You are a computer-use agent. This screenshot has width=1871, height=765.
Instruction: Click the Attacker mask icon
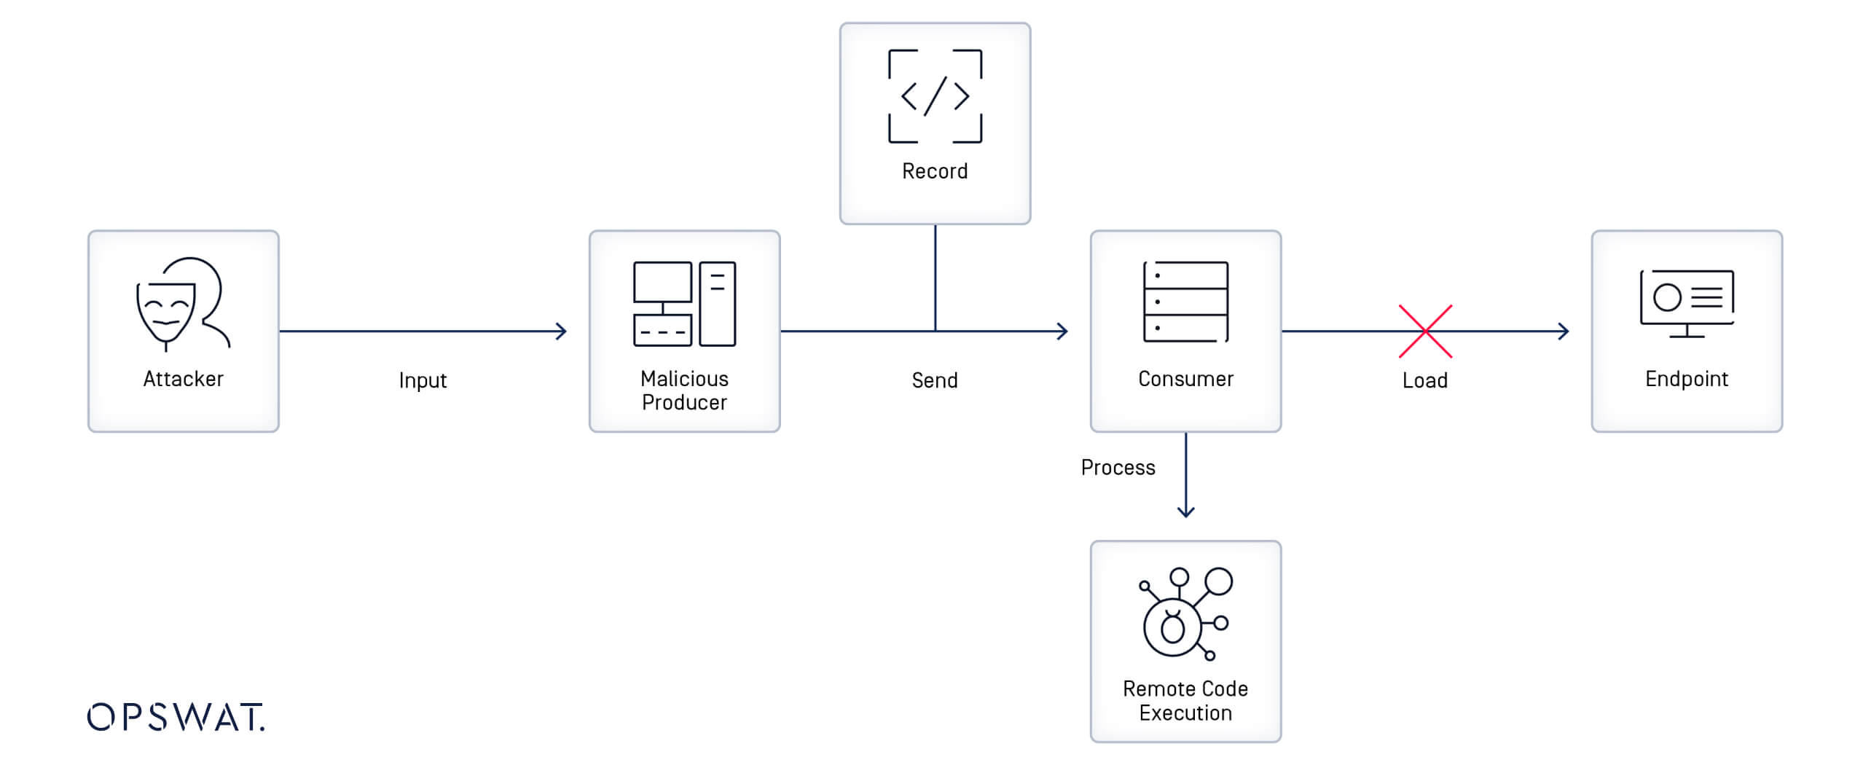(x=182, y=303)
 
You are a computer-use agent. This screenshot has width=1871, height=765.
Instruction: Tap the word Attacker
(x=183, y=379)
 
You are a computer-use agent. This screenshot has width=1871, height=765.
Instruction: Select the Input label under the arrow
(x=423, y=380)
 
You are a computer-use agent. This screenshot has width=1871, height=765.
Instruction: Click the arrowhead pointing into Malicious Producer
(x=562, y=331)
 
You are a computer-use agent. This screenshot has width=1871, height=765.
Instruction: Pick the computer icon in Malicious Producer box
(x=684, y=303)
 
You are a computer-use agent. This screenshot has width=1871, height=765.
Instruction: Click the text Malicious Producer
(x=684, y=391)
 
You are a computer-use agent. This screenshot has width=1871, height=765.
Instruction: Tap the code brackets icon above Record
(x=935, y=96)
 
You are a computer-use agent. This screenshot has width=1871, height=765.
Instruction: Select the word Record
(x=935, y=171)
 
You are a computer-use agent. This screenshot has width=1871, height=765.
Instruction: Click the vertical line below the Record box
(x=935, y=277)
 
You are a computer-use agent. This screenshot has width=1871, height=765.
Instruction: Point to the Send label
(x=935, y=380)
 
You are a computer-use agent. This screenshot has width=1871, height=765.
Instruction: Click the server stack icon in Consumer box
(x=1185, y=302)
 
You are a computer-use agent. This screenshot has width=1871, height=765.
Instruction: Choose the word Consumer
(x=1185, y=379)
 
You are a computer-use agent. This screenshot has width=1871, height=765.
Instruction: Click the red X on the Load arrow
(x=1425, y=331)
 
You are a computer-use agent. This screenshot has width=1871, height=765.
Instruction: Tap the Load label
(x=1424, y=380)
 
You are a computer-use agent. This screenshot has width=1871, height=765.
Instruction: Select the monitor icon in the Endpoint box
(x=1687, y=303)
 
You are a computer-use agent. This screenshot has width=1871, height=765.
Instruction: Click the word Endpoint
(x=1687, y=379)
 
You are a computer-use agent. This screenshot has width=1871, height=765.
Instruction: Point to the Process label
(x=1118, y=468)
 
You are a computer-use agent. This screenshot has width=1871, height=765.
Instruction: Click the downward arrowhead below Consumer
(x=1185, y=512)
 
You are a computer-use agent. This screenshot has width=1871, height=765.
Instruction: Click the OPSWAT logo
(x=176, y=717)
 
